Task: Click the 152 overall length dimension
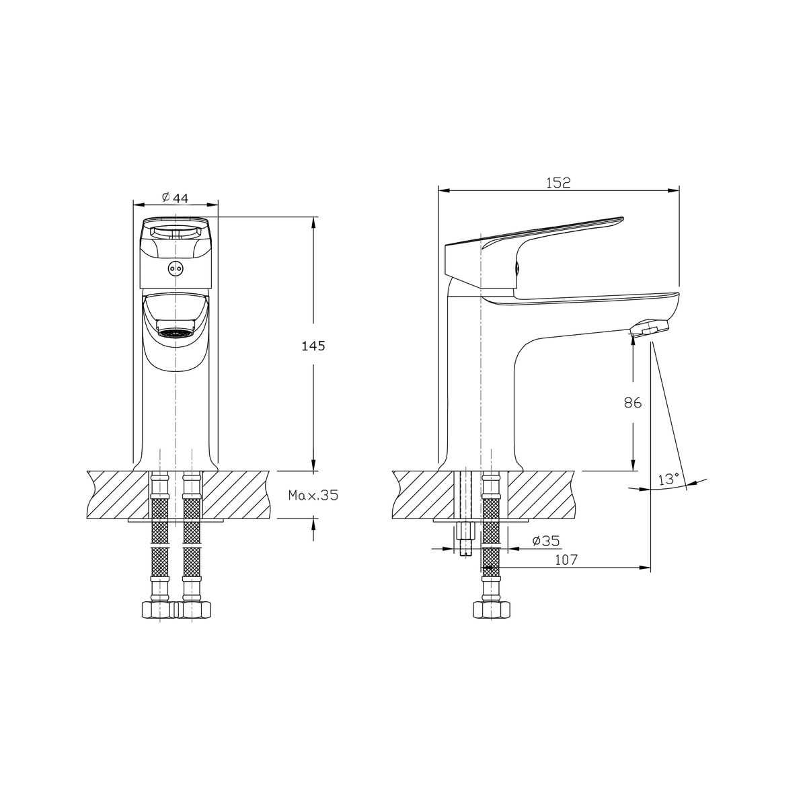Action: [558, 183]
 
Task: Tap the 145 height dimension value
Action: [313, 346]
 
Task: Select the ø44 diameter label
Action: [175, 197]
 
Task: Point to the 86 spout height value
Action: [633, 403]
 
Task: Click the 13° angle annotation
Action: [668, 479]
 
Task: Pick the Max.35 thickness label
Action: [313, 496]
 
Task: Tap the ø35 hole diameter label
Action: [546, 541]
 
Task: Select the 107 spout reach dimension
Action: [566, 560]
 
